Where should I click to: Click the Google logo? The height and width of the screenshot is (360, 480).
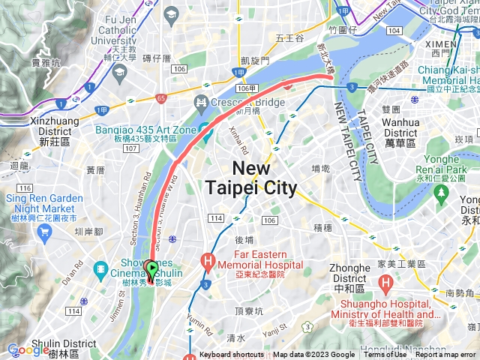(28, 349)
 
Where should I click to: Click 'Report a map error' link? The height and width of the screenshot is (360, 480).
(445, 355)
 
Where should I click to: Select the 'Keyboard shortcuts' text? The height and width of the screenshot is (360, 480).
(231, 355)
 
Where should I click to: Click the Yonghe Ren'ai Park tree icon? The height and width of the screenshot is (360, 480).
(440, 193)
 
